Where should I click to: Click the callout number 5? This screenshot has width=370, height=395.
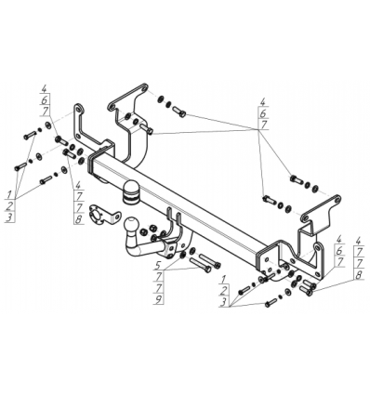158,265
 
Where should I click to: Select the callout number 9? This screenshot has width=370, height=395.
159,299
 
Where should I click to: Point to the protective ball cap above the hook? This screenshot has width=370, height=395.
132,192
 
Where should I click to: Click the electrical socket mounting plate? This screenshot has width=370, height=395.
104,215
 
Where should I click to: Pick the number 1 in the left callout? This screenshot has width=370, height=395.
9,195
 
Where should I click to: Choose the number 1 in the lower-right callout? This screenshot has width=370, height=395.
223,280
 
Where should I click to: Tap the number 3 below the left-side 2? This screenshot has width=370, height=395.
9,217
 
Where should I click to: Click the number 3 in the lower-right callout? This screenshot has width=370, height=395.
223,302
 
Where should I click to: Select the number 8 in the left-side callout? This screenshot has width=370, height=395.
78,219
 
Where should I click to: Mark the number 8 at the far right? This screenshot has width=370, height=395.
359,275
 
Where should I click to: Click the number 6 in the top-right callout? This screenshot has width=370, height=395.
263,113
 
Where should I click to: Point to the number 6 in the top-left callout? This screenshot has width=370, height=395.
44,99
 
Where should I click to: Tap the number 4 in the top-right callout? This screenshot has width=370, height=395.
263,102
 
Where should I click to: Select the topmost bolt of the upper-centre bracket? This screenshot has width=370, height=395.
178,112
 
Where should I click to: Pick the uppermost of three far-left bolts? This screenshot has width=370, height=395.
30,135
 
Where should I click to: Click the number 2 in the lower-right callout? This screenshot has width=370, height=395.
223,291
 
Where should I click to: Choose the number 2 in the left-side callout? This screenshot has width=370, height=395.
9,205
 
